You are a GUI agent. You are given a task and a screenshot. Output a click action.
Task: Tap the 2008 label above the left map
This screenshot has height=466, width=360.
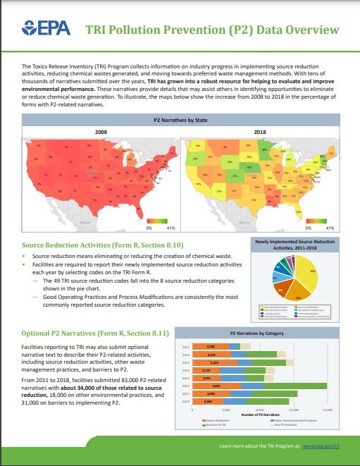coord(101,133)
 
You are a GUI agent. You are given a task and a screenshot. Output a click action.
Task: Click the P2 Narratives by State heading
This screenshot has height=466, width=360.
coord(180,121)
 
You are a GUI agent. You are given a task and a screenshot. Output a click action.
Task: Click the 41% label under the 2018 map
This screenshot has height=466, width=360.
coord(330,228)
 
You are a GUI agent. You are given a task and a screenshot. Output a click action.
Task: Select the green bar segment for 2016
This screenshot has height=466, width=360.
coord(295,386)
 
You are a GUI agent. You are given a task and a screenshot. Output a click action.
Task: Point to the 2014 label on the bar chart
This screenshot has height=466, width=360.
coord(187,370)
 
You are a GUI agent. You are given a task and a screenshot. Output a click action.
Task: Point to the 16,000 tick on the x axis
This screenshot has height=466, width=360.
coord(326,409)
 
